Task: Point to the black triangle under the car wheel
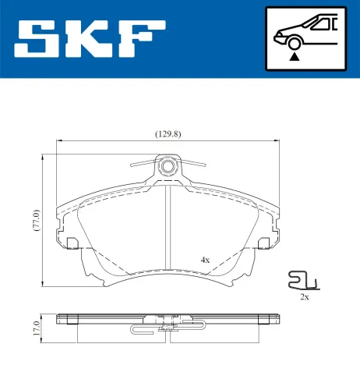(294, 55)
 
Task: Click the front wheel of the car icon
(294, 44)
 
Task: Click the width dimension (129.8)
(168, 133)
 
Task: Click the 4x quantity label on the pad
(205, 259)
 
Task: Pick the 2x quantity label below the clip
(305, 297)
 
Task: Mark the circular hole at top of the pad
(168, 166)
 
